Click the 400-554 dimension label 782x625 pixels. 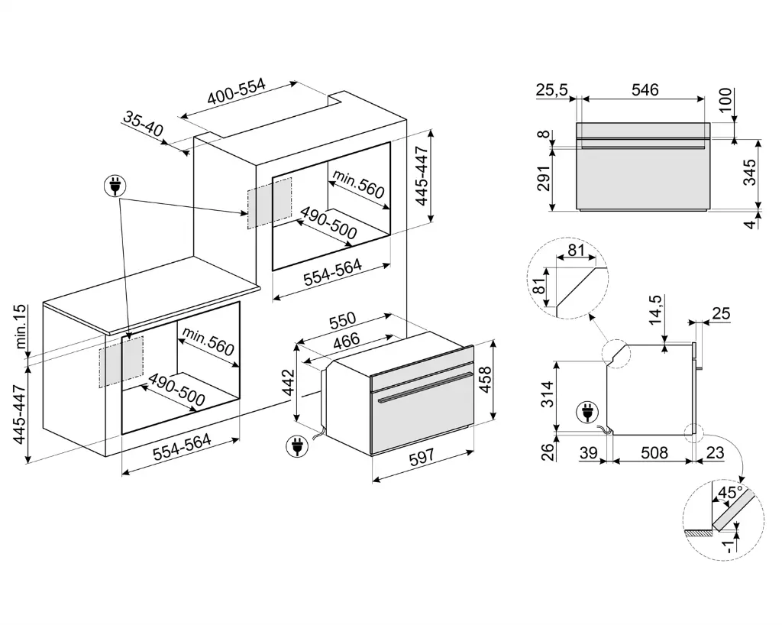236,96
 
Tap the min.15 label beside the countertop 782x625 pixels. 21,326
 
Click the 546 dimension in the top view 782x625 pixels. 645,89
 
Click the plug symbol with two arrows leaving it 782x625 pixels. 116,186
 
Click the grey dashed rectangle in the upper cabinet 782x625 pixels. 269,204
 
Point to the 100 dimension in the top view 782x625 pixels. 725,100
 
